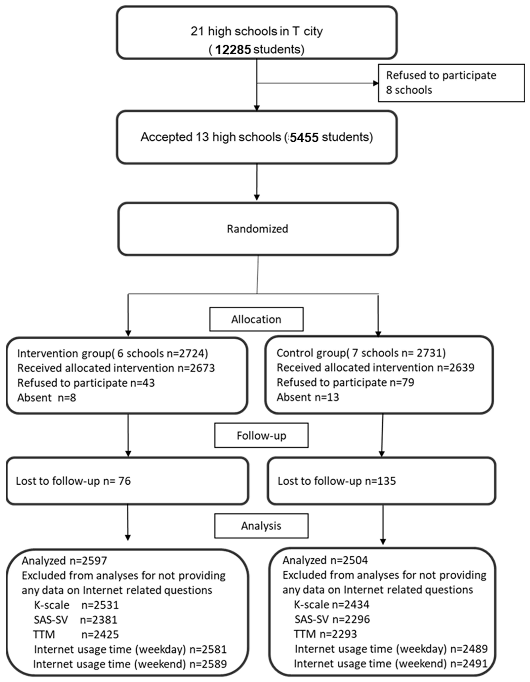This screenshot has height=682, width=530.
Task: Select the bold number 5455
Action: click(304, 137)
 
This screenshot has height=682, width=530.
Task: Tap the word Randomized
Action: click(257, 229)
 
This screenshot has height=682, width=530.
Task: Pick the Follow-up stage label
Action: click(261, 436)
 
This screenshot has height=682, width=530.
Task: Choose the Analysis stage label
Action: click(261, 526)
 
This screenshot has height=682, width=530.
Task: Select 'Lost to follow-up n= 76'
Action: click(73, 481)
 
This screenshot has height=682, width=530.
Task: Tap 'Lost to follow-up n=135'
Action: click(337, 481)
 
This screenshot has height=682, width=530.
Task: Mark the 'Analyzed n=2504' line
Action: click(325, 560)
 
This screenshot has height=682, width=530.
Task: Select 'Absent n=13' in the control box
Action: click(308, 397)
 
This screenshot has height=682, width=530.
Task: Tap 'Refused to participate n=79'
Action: click(345, 382)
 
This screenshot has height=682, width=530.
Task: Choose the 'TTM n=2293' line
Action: click(325, 634)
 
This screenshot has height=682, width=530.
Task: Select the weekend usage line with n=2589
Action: click(130, 664)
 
